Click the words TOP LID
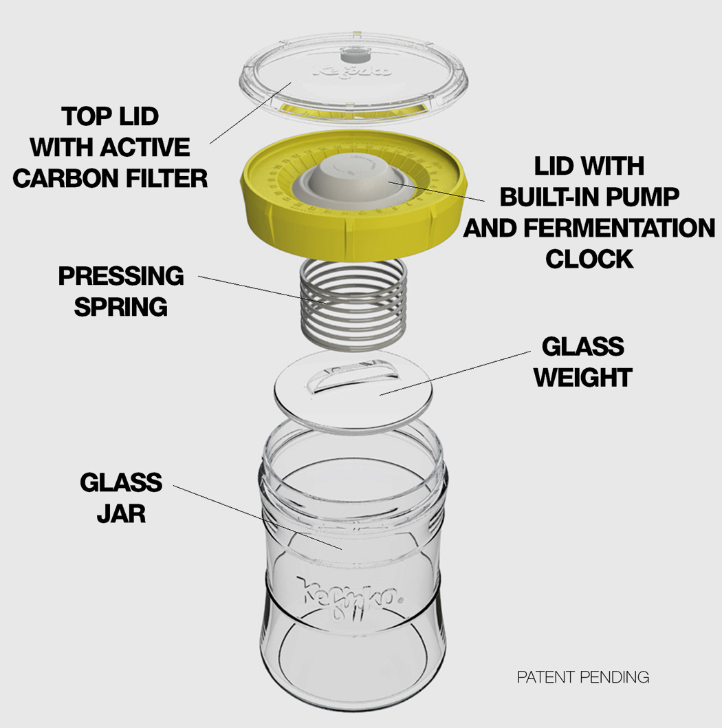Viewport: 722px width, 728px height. tap(110, 116)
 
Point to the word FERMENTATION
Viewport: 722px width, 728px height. tap(620, 228)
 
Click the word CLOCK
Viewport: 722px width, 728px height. tap(589, 259)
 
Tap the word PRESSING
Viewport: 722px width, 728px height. tap(121, 276)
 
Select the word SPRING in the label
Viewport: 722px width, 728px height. tap(121, 307)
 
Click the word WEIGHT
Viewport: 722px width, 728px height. tap(583, 378)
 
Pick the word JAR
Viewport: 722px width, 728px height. tap(121, 513)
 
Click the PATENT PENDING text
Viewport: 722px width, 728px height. tap(583, 677)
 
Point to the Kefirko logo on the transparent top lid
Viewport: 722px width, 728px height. tap(353, 71)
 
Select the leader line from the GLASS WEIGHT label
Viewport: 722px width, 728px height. tap(455, 373)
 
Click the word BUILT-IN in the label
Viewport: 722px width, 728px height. tap(549, 197)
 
